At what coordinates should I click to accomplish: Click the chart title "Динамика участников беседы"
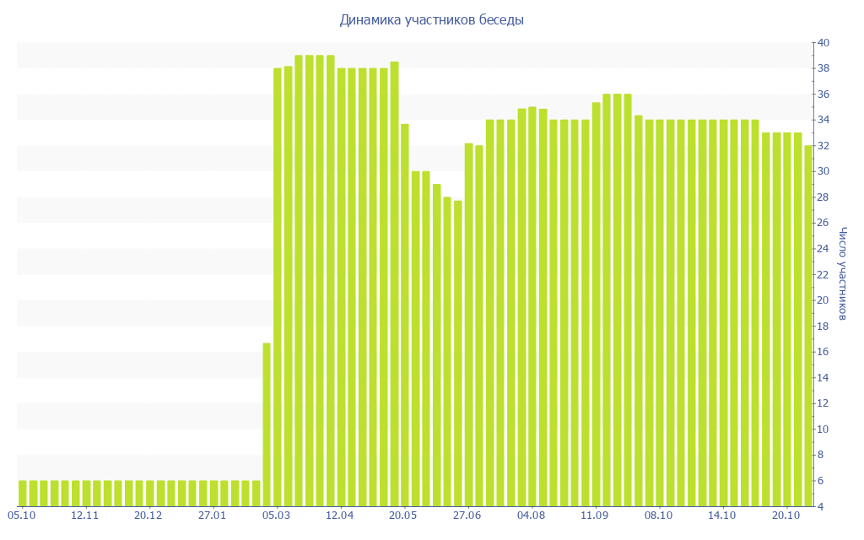431,20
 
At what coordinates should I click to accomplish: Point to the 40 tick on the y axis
823,43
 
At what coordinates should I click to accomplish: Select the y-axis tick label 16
823,352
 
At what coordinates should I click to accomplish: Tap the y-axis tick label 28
823,197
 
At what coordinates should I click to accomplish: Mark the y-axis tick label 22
823,274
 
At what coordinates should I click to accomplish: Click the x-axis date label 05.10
21,515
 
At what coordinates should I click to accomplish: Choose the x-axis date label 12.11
85,515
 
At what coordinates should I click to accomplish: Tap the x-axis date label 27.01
213,515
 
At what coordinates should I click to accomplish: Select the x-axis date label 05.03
276,515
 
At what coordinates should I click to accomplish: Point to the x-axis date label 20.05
403,515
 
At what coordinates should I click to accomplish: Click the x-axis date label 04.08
531,515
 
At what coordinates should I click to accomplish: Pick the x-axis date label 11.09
595,515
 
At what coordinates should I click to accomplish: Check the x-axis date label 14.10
722,515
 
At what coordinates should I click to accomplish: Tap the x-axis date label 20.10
786,515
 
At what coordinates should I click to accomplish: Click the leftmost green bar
22,494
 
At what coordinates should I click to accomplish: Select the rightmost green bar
808,326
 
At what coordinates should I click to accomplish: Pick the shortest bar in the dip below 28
458,354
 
